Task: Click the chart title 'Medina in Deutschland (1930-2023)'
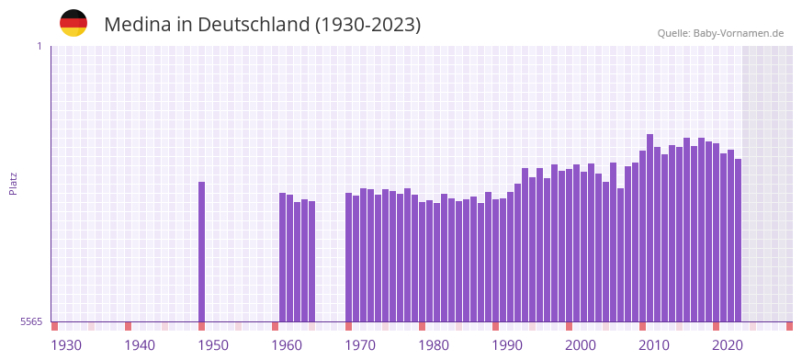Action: click(262, 25)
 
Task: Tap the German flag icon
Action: click(73, 23)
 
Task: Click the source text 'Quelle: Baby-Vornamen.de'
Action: click(720, 34)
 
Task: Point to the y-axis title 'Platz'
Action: click(13, 183)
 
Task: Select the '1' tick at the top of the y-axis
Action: click(39, 46)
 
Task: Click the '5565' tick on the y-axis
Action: click(30, 321)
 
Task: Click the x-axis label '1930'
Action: click(66, 345)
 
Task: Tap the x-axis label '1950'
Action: click(213, 345)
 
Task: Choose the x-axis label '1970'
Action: click(360, 345)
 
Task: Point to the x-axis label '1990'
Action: click(507, 345)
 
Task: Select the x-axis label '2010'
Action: click(654, 345)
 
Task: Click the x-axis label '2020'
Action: click(728, 345)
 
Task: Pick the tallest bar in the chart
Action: click(650, 227)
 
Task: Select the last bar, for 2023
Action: click(738, 240)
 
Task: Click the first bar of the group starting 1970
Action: click(348, 256)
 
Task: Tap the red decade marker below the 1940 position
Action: click(128, 326)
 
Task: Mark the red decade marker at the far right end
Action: click(789, 326)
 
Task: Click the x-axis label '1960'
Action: click(287, 345)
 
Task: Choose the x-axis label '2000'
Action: click(581, 345)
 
